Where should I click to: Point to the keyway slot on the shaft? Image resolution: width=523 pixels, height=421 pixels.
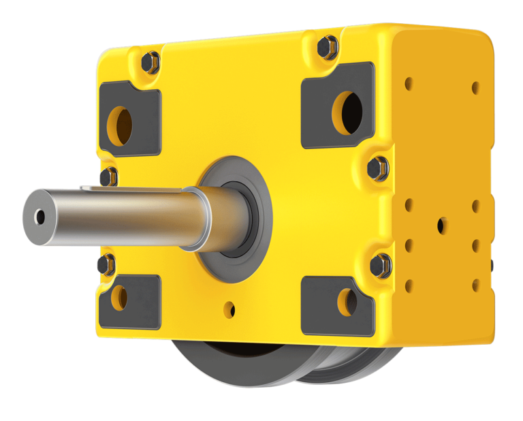[129, 189]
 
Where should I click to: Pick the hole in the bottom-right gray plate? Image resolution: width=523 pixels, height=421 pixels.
[347, 302]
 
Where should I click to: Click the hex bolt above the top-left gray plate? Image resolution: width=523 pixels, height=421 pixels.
[150, 63]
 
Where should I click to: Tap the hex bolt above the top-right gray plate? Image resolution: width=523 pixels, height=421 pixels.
[328, 46]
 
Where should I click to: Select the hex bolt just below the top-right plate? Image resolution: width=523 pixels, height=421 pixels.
[378, 168]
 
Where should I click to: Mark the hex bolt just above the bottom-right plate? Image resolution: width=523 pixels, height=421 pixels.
[381, 264]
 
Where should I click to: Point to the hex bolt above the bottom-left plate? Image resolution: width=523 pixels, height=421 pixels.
[106, 264]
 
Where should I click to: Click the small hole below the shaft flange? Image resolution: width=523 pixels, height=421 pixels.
[230, 310]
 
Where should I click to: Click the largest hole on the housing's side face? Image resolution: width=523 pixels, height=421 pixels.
[442, 225]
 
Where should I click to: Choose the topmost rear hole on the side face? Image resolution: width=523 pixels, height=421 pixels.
[475, 87]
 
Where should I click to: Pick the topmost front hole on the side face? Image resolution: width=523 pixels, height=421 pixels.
[409, 84]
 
